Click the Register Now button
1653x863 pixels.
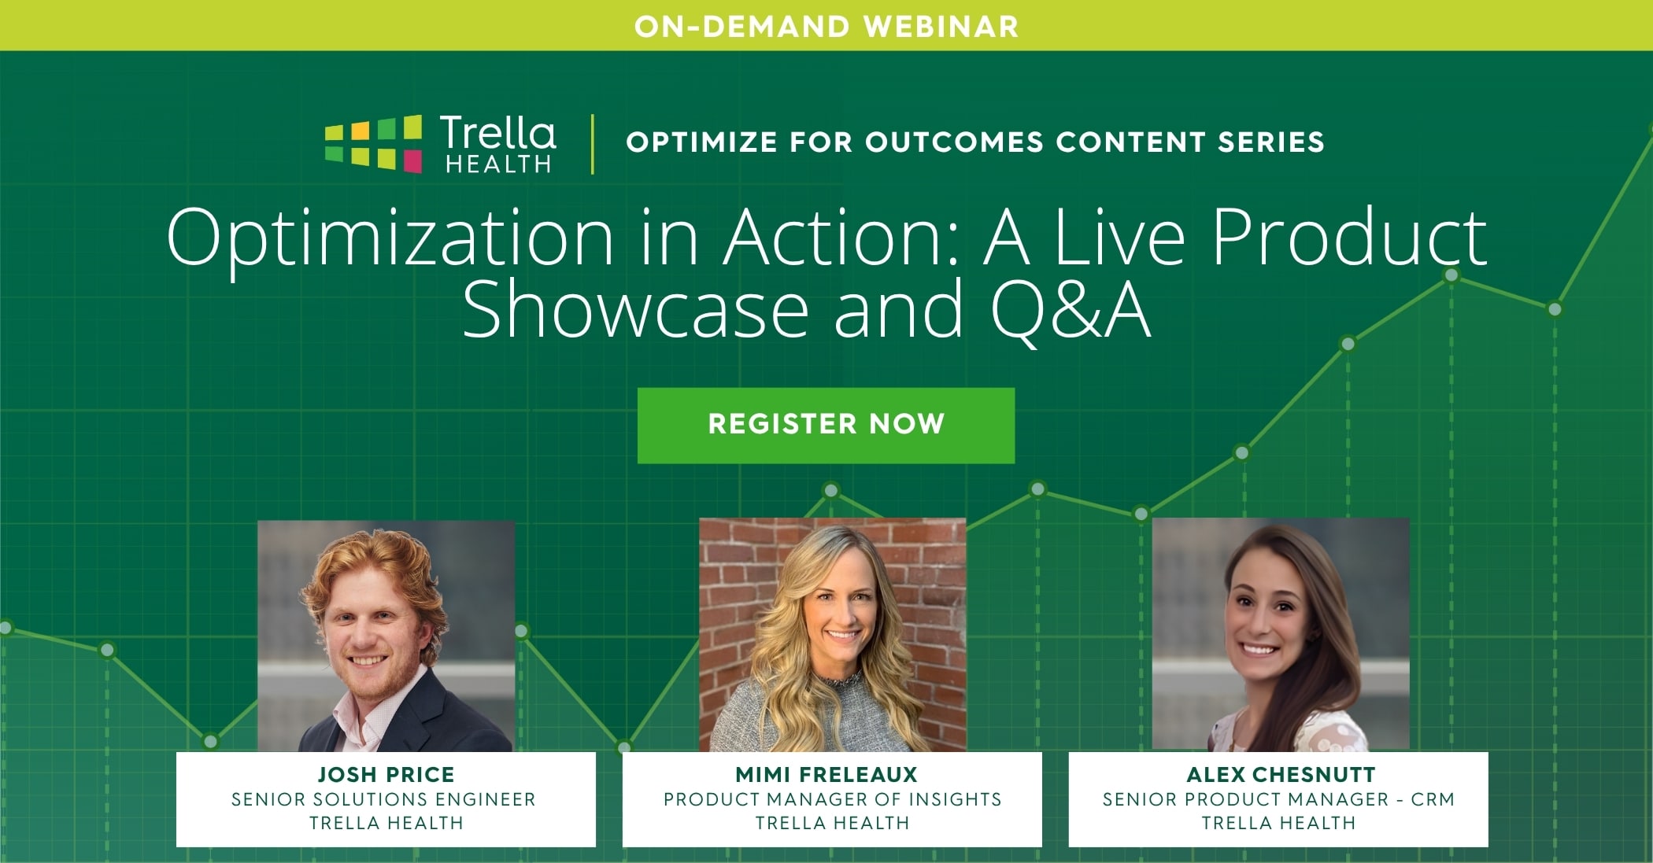[x=826, y=425]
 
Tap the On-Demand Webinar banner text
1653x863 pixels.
[x=826, y=27]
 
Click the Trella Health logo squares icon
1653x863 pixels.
[x=374, y=143]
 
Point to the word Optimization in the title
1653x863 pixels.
[x=390, y=238]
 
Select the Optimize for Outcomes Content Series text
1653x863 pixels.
[x=975, y=142]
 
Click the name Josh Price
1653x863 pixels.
[x=386, y=774]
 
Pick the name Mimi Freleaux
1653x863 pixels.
[x=826, y=774]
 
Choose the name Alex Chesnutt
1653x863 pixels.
[x=1281, y=774]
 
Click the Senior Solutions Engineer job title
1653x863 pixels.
[x=383, y=799]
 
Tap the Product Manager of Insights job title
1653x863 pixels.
[x=833, y=799]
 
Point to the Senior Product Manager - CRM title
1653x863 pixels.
[x=1278, y=799]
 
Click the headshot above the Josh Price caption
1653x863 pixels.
[x=386, y=636]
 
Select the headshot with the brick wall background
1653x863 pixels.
[x=832, y=635]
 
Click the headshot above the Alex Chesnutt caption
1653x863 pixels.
[x=1281, y=635]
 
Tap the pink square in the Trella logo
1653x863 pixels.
[x=412, y=162]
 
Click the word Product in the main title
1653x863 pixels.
[x=1349, y=237]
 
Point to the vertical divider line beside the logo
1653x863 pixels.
[x=593, y=144]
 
